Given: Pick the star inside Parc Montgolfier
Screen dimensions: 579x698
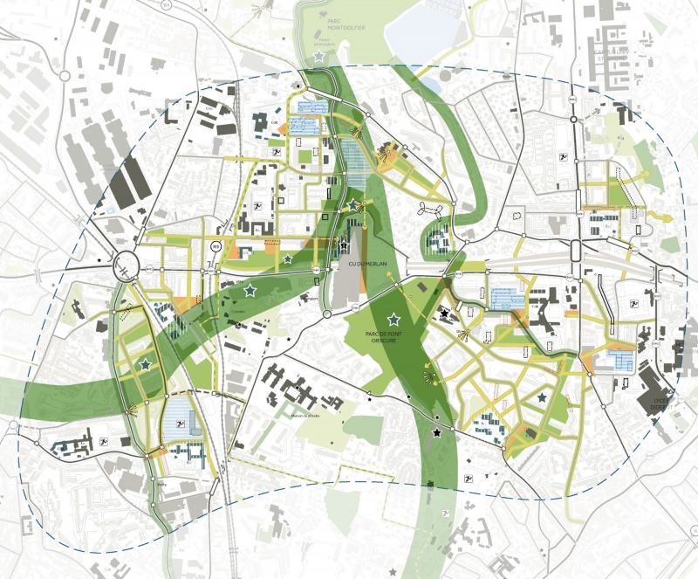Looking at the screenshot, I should pyautogui.click(x=319, y=56).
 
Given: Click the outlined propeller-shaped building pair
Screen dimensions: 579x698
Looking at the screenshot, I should pyautogui.click(x=429, y=210).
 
